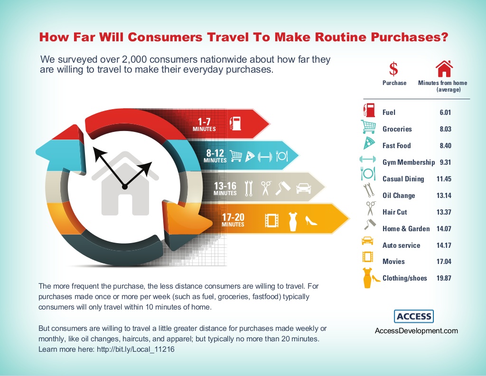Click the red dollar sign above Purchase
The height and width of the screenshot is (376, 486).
tap(393, 69)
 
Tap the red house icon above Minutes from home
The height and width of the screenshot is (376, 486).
tap(444, 68)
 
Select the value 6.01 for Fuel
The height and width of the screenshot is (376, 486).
tap(445, 113)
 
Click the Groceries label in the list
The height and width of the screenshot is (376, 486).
tap(397, 129)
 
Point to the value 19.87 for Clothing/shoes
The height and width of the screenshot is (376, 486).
tap(444, 278)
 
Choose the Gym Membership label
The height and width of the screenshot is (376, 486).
tap(409, 162)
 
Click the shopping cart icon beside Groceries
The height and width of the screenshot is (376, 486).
tap(368, 127)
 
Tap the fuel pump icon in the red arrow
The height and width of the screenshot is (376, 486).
tap(235, 123)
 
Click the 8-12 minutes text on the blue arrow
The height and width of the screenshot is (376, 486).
tap(215, 156)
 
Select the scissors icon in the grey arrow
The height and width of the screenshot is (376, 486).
tap(266, 188)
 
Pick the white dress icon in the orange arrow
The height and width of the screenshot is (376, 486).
tap(292, 221)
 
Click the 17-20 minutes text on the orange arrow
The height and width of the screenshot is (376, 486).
tap(233, 220)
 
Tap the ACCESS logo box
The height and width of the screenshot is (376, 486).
tap(414, 317)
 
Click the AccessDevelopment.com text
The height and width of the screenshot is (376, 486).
tap(416, 331)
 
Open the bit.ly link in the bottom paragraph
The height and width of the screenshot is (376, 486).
tap(135, 349)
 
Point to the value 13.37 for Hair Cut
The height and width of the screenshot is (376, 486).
tap(444, 212)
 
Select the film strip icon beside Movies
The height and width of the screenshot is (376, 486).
tap(368, 257)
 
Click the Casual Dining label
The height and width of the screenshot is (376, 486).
tap(403, 179)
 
